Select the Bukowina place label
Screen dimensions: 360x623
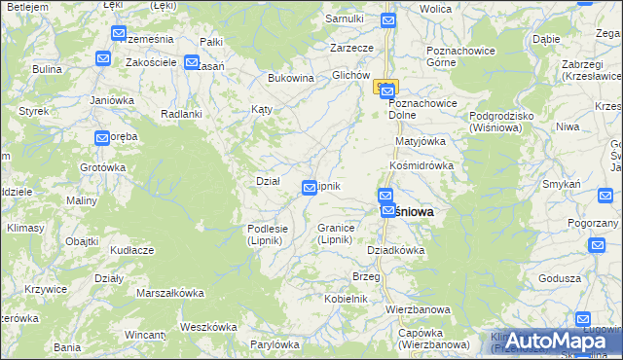tap(290, 77)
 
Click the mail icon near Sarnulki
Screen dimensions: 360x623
tap(388, 19)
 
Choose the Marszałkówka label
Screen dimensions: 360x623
tap(170, 292)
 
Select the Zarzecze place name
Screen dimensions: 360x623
tap(351, 47)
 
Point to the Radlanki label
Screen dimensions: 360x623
tap(181, 113)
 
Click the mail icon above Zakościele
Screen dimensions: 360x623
tap(118, 34)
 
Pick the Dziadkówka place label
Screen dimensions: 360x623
tap(395, 249)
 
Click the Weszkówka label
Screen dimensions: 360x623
tap(203, 326)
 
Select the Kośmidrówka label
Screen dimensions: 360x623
tap(421, 165)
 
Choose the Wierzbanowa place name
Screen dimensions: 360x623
tap(419, 309)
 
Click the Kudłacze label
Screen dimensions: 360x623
tap(132, 250)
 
